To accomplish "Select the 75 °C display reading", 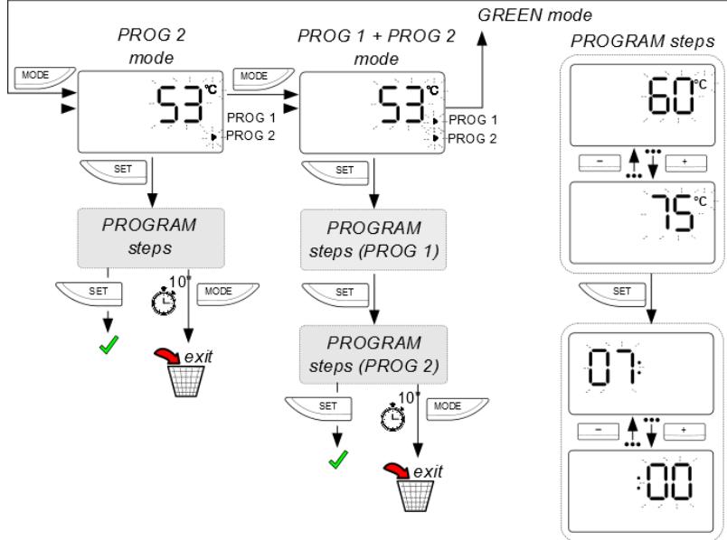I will (666, 214).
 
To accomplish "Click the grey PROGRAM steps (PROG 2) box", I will (373, 355).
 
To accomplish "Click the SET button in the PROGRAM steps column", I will (622, 291).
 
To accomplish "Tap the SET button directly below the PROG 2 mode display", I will (118, 170).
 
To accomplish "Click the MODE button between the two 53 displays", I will (258, 78).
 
